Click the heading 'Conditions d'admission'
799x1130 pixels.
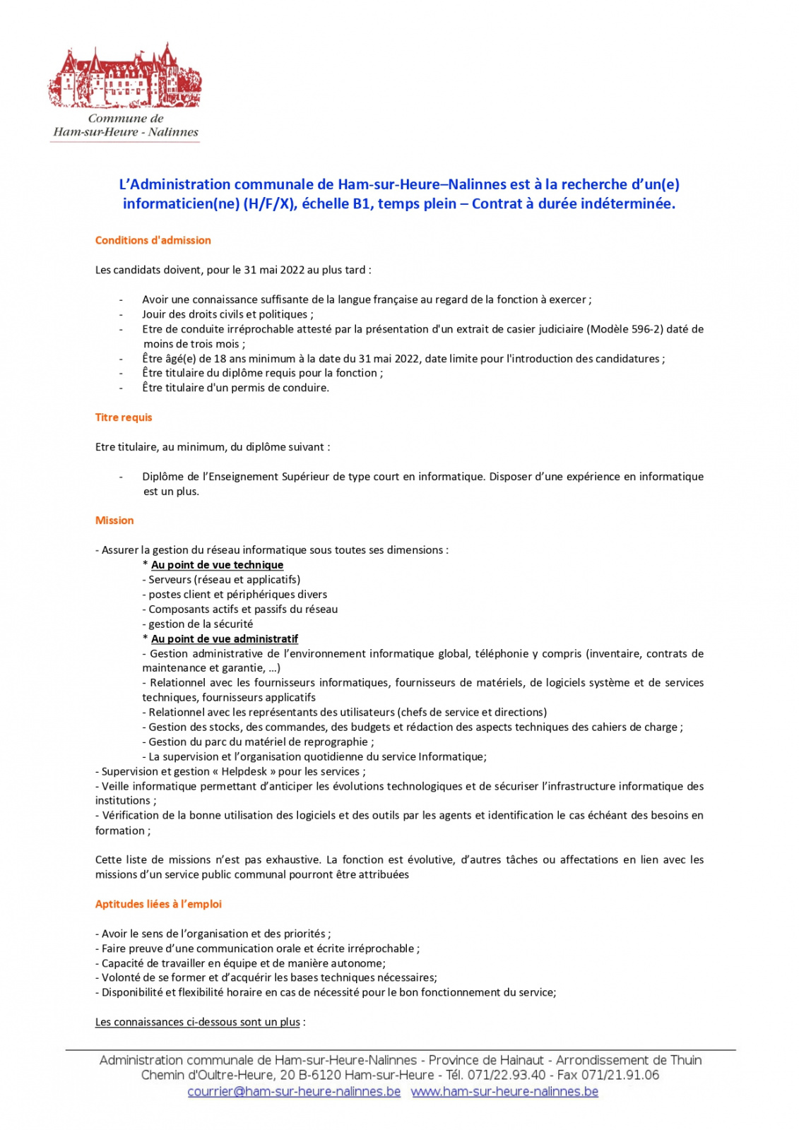pyautogui.click(x=153, y=240)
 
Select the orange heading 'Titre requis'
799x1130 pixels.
pyautogui.click(x=124, y=417)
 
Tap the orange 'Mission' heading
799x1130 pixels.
pyautogui.click(x=114, y=521)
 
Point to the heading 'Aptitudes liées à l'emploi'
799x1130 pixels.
pyautogui.click(x=158, y=904)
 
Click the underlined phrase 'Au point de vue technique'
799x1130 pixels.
pyautogui.click(x=217, y=565)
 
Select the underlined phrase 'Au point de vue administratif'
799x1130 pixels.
pyautogui.click(x=225, y=639)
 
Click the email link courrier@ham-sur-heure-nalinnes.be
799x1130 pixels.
pyautogui.click(x=294, y=1092)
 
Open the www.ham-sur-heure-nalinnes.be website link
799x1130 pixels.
pyautogui.click(x=504, y=1092)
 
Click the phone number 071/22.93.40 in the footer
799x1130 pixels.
pyautogui.click(x=507, y=1076)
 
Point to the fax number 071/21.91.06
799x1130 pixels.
pyautogui.click(x=620, y=1076)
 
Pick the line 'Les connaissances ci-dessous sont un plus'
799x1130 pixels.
pyautogui.click(x=198, y=1023)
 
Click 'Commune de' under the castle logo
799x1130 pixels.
pyautogui.click(x=126, y=119)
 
